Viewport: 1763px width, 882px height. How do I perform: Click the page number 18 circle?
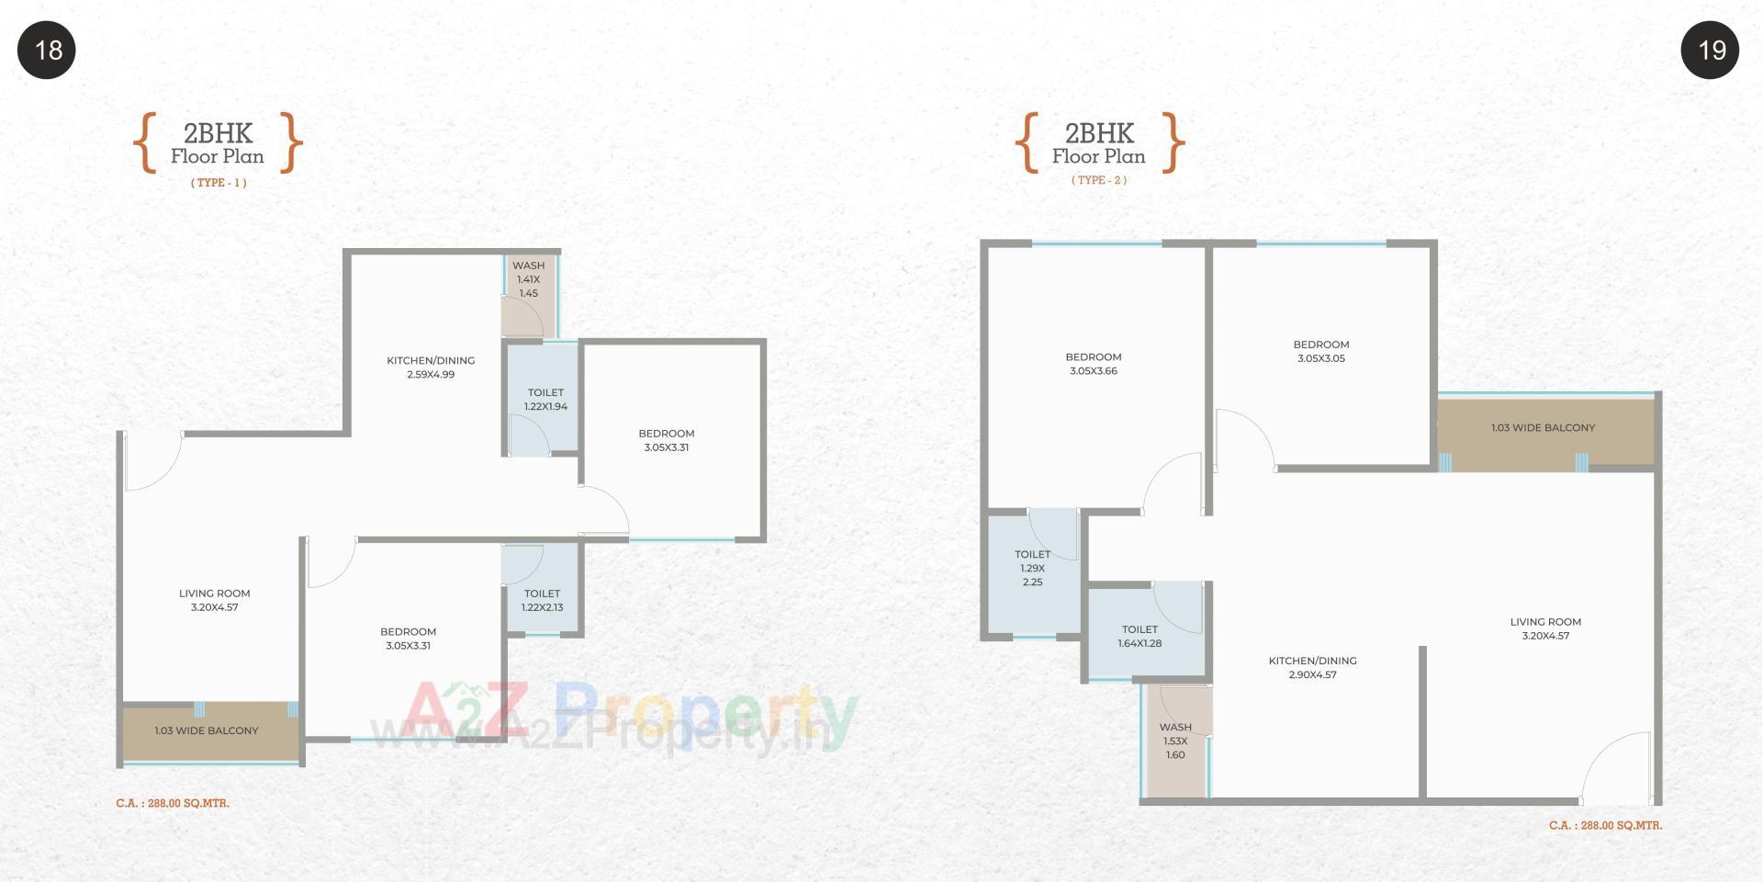coord(47,50)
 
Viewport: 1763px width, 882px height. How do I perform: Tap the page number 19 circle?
coord(1710,50)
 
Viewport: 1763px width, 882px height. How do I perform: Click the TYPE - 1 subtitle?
coord(219,183)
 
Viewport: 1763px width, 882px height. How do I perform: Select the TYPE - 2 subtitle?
coord(1098,180)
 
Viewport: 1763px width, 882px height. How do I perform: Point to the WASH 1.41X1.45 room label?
coord(528,279)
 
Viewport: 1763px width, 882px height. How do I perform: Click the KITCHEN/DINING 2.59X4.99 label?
coord(431,367)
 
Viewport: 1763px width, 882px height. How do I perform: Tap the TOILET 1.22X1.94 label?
coord(545,400)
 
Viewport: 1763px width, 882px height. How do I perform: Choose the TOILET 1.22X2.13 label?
coord(542,601)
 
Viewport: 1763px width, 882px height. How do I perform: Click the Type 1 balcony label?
coord(207,731)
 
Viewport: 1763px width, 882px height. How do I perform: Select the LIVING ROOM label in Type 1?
coord(214,601)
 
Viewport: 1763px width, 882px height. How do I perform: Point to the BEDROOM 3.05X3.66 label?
coord(1093,364)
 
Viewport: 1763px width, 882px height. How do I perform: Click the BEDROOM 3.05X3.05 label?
coord(1320,352)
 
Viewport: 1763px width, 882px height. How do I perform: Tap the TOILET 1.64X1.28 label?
coord(1140,637)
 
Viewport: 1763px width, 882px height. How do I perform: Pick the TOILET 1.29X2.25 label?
coord(1032,568)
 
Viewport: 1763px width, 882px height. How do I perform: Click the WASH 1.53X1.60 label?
coord(1175,741)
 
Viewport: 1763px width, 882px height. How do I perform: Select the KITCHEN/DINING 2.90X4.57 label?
coord(1312,668)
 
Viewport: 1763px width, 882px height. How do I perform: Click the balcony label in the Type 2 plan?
coord(1543,428)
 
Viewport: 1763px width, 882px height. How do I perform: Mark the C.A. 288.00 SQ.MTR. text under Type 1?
coord(173,804)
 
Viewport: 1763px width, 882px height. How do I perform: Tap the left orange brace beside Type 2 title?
coord(1027,143)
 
